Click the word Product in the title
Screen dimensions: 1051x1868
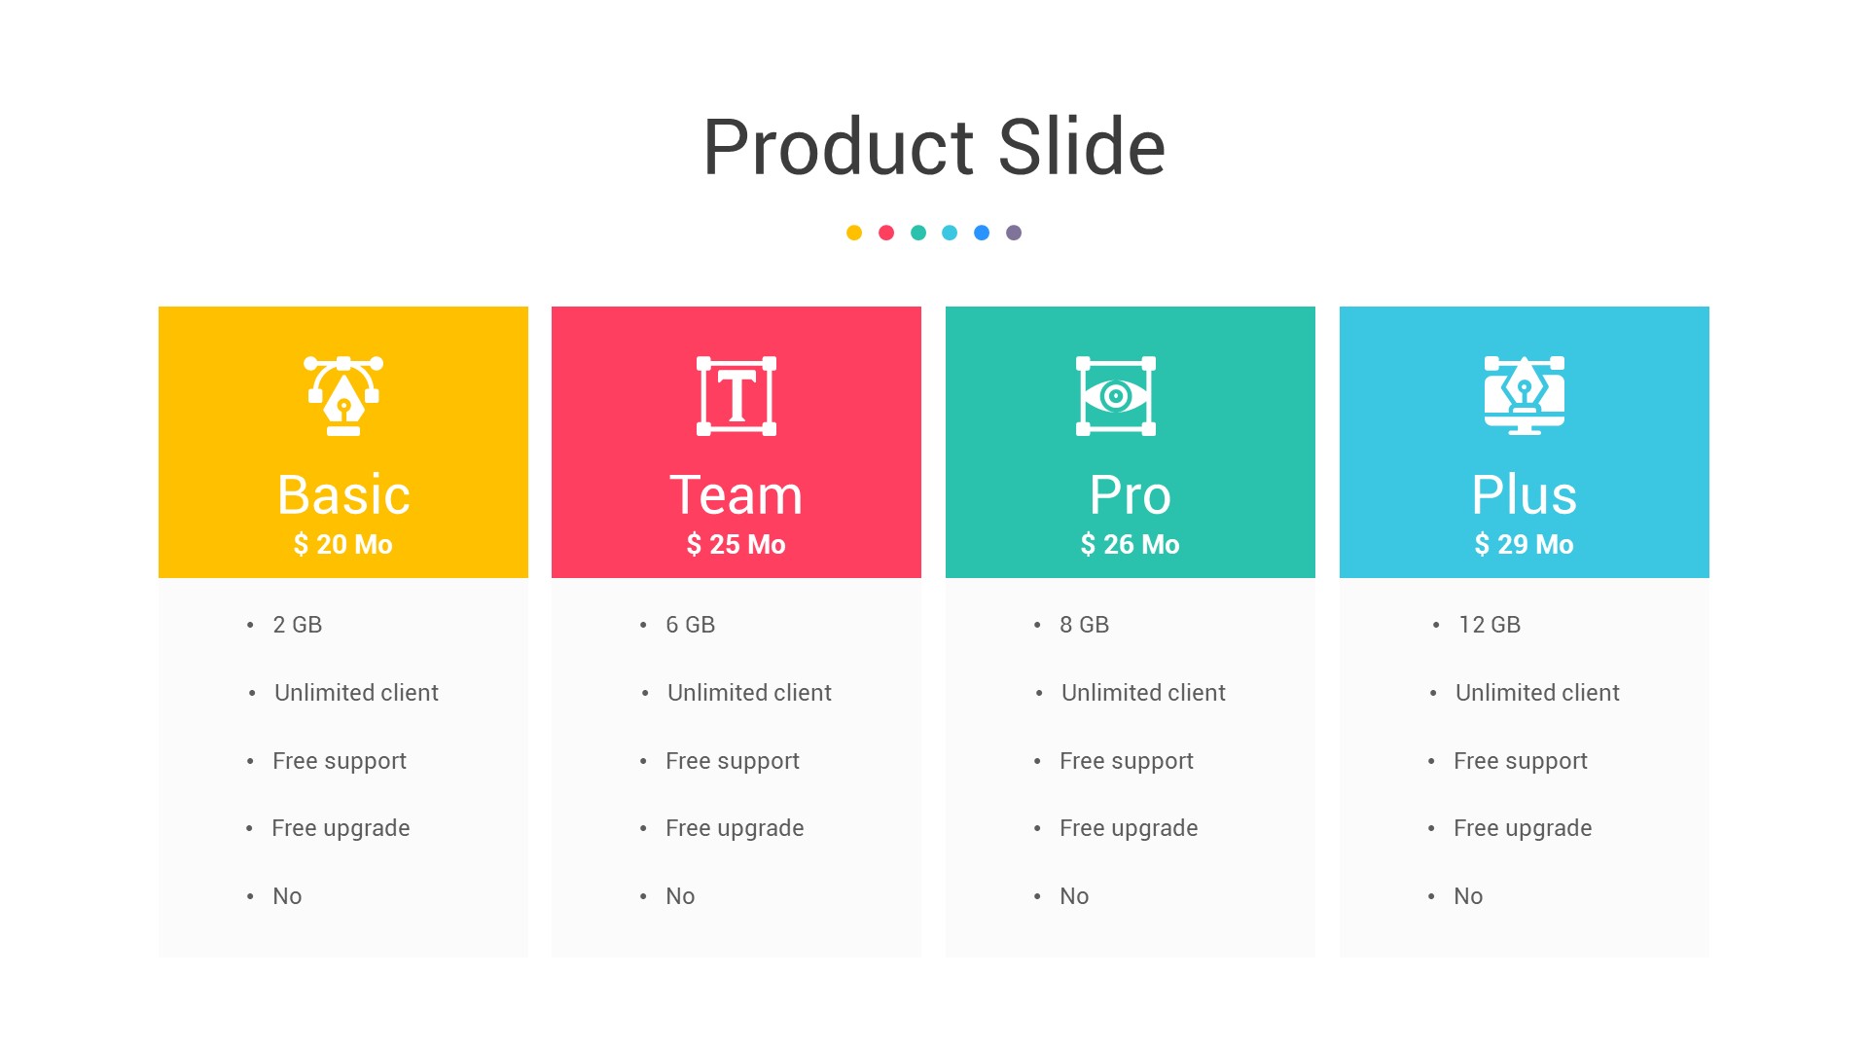click(838, 147)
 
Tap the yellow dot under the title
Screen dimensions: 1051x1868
click(854, 233)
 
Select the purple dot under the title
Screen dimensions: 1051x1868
click(1014, 233)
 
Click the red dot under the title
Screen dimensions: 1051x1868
click(886, 233)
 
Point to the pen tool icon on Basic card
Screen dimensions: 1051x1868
click(343, 396)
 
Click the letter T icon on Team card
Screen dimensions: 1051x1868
click(736, 396)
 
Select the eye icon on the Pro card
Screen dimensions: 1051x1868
click(1116, 396)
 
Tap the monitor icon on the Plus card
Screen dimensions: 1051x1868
click(1525, 396)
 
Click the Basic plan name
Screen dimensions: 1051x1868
click(343, 494)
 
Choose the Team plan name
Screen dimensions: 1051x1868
click(736, 494)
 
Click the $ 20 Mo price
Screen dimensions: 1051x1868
click(343, 545)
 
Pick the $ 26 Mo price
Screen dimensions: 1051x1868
click(1131, 545)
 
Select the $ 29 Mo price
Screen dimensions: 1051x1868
click(1525, 545)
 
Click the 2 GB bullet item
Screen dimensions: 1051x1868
click(297, 625)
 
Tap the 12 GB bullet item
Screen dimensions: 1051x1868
click(1490, 625)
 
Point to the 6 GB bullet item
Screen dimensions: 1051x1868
click(690, 625)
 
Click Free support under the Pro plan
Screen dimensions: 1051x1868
click(1127, 761)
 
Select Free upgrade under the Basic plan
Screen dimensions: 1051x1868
click(341, 828)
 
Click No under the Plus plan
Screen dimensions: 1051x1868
click(1468, 896)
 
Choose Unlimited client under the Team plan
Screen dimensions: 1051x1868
click(749, 693)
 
